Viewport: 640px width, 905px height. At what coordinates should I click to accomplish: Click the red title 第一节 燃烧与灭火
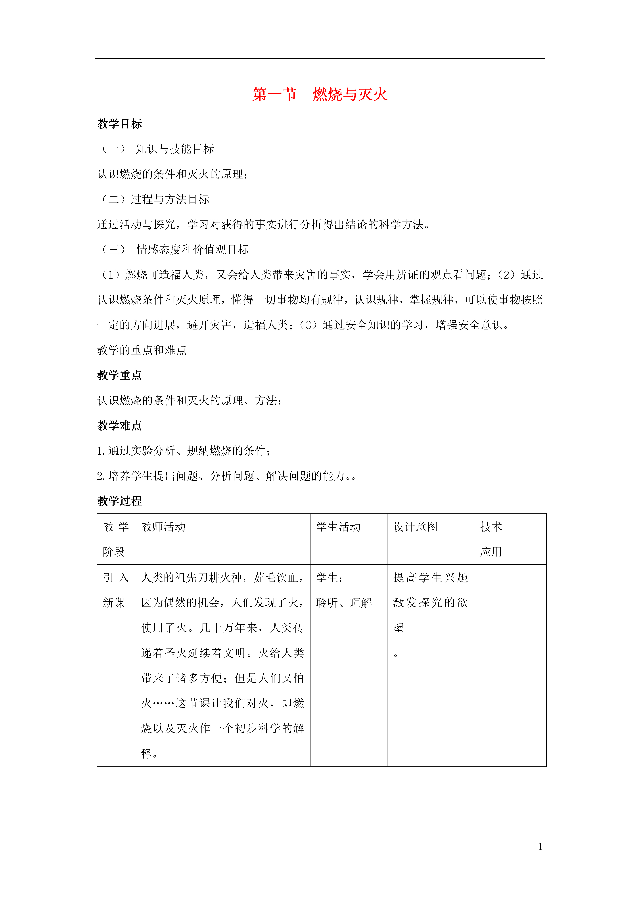pyautogui.click(x=320, y=95)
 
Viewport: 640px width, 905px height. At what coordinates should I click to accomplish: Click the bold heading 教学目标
pyautogui.click(x=119, y=124)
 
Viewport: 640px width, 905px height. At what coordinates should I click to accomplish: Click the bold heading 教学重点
pyautogui.click(x=119, y=375)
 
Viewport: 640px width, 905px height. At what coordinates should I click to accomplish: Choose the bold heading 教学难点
pyautogui.click(x=119, y=426)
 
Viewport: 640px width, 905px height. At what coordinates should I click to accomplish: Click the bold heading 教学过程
pyautogui.click(x=119, y=501)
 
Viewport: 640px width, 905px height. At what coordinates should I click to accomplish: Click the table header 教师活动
pyautogui.click(x=163, y=527)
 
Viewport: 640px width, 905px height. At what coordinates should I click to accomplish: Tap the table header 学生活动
pyautogui.click(x=338, y=527)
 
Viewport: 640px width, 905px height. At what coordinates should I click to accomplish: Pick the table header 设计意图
pyautogui.click(x=416, y=527)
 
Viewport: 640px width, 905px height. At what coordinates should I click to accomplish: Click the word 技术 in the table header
pyautogui.click(x=491, y=527)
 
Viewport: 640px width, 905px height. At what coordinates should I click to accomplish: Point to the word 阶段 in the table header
pyautogui.click(x=114, y=552)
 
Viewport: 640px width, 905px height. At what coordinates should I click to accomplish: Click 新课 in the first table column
pyautogui.click(x=114, y=603)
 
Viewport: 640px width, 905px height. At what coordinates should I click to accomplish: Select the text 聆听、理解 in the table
pyautogui.click(x=344, y=603)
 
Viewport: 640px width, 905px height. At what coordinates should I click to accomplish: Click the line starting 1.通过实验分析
pyautogui.click(x=184, y=451)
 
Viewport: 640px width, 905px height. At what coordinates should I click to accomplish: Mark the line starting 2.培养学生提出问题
pyautogui.click(x=226, y=476)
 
